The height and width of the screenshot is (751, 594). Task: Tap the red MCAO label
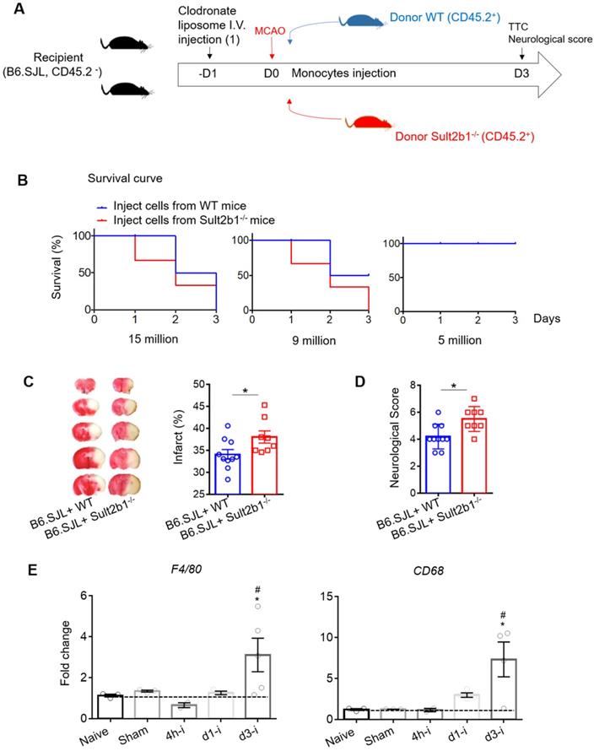tap(271, 36)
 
